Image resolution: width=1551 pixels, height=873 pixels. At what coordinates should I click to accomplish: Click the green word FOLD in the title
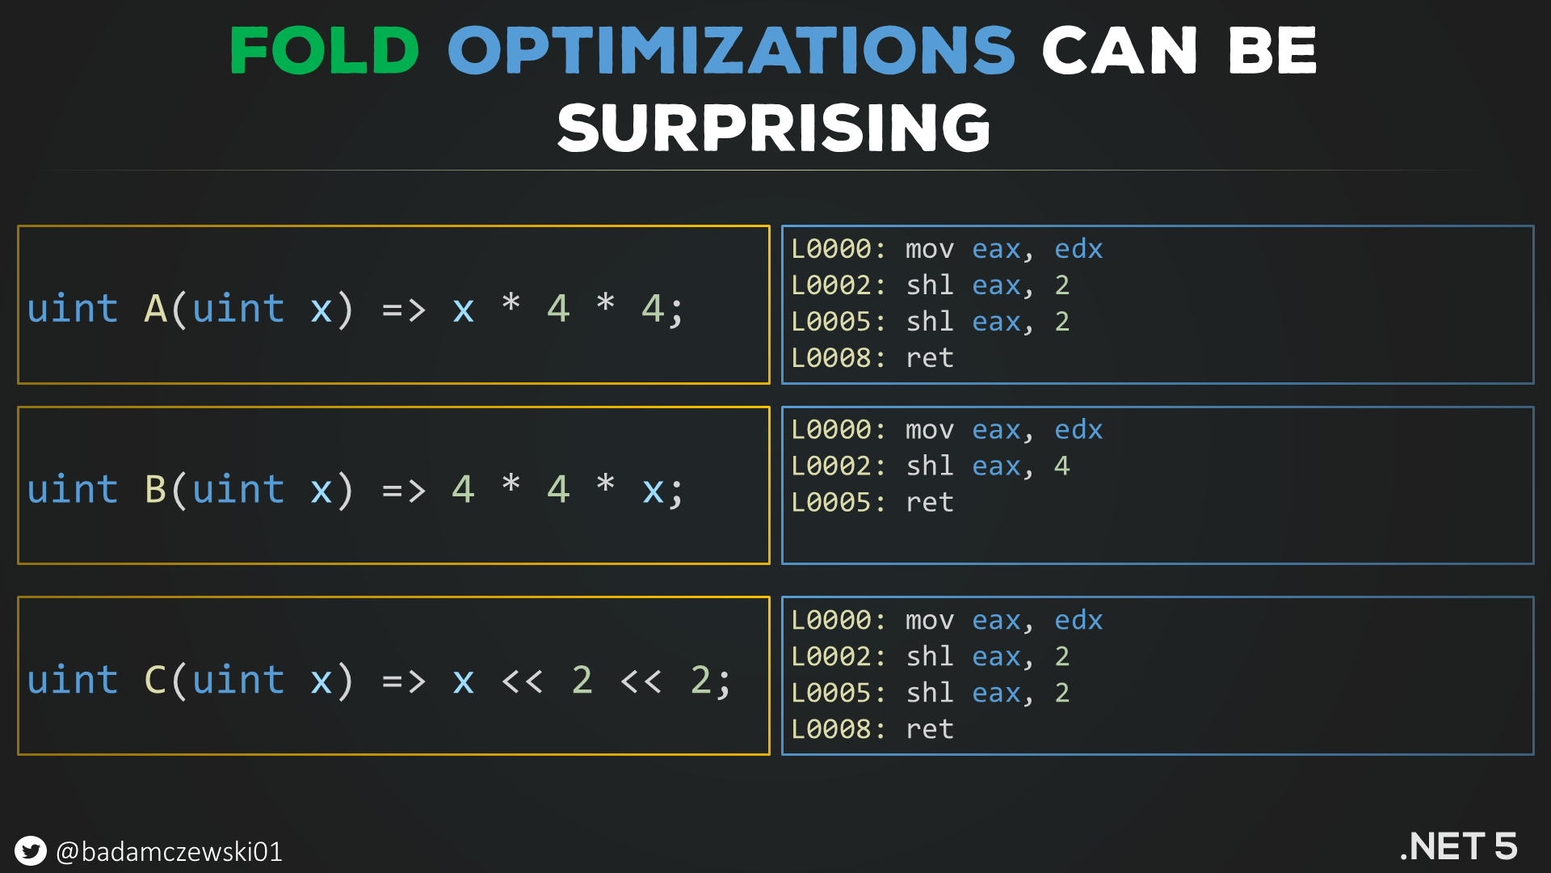coord(324,50)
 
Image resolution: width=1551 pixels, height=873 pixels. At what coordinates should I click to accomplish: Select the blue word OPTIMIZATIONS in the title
coord(731,50)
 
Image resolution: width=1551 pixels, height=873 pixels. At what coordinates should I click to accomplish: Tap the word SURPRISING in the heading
coord(774,128)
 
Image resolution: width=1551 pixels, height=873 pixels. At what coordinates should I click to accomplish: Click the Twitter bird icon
coord(31,850)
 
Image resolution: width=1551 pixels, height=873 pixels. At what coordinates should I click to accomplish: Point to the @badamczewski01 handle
coord(169,851)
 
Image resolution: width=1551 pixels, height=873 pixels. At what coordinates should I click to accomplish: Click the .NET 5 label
coord(1458,846)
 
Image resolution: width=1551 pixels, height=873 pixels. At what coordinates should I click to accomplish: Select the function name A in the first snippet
coord(155,309)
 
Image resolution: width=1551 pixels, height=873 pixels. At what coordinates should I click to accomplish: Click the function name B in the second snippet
coord(155,490)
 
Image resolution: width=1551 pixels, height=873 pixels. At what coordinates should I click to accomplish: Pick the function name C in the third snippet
coord(155,681)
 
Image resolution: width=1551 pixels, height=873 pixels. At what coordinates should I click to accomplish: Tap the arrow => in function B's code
coord(403,491)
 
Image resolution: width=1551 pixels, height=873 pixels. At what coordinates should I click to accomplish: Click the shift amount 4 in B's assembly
coord(1061,466)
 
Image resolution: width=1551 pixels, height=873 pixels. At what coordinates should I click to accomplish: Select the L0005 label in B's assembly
coord(830,502)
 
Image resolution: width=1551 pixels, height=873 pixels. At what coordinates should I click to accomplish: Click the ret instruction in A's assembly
coord(930,357)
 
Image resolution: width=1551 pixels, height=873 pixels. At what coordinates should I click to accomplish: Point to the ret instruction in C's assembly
coord(930,729)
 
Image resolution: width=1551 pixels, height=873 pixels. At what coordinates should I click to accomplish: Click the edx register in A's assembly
coord(1078,248)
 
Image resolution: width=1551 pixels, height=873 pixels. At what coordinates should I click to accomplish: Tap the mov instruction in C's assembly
coord(930,620)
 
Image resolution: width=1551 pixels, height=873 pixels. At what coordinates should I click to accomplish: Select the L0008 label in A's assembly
coord(830,357)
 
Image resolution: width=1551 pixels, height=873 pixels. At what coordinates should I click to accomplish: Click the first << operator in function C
coord(522,681)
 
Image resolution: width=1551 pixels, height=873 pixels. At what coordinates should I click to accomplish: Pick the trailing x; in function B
coord(662,491)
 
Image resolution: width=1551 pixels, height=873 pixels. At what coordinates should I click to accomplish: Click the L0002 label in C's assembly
coord(830,656)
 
